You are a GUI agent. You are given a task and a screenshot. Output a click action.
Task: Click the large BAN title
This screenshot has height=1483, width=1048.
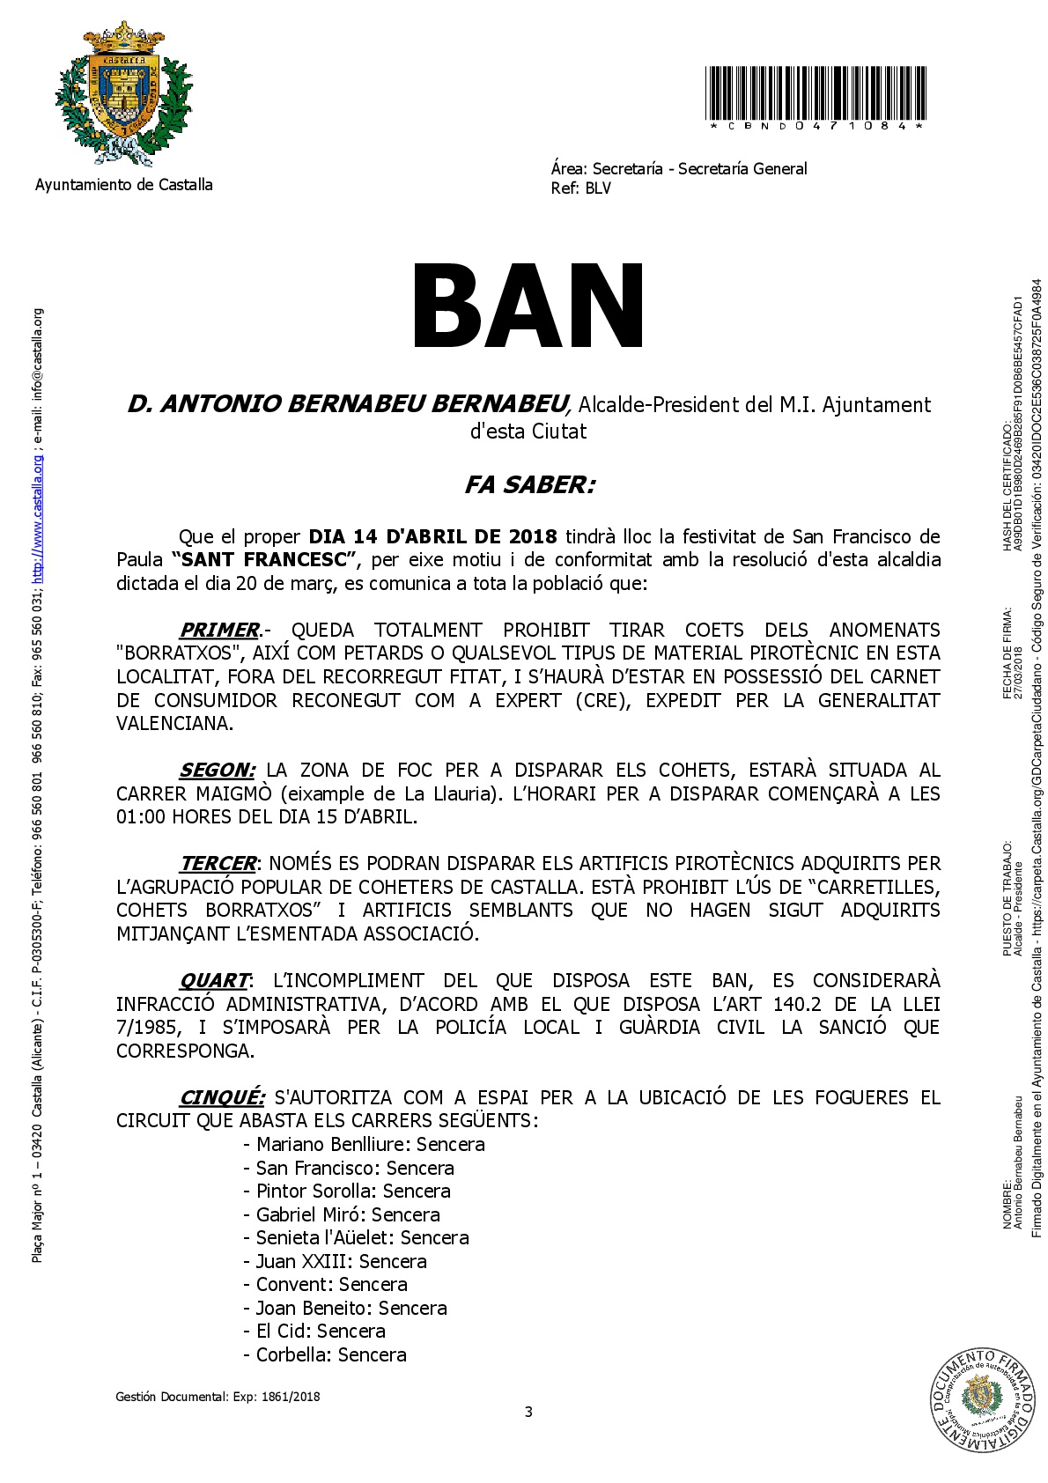click(528, 307)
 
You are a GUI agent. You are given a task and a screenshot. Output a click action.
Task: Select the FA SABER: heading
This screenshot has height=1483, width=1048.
click(529, 485)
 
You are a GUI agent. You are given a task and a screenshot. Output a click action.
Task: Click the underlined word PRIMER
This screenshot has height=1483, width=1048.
click(219, 631)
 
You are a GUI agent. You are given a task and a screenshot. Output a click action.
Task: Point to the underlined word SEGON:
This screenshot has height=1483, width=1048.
click(218, 771)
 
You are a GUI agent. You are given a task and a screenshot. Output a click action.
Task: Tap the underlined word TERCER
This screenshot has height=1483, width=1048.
click(218, 864)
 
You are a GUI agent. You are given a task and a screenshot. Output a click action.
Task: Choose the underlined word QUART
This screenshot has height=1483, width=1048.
click(215, 981)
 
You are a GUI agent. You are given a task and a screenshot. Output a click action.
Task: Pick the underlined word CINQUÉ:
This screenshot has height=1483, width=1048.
click(222, 1098)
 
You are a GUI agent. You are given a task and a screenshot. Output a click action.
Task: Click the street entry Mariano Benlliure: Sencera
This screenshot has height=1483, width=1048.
click(364, 1145)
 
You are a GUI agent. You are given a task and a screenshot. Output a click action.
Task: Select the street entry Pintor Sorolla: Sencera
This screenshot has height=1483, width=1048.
click(347, 1192)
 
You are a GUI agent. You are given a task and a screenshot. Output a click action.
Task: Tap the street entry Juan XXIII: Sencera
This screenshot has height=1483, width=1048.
click(335, 1262)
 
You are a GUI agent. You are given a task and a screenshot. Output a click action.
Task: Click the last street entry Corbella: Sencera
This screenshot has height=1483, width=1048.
click(325, 1355)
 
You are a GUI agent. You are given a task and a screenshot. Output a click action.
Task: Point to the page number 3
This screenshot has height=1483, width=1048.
click(528, 1413)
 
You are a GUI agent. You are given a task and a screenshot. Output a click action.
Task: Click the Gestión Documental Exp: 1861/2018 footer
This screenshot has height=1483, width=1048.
click(218, 1397)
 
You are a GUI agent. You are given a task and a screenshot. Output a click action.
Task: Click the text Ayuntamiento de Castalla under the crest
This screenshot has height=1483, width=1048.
click(123, 185)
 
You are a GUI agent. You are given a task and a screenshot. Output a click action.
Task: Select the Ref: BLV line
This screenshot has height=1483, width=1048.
click(580, 188)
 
